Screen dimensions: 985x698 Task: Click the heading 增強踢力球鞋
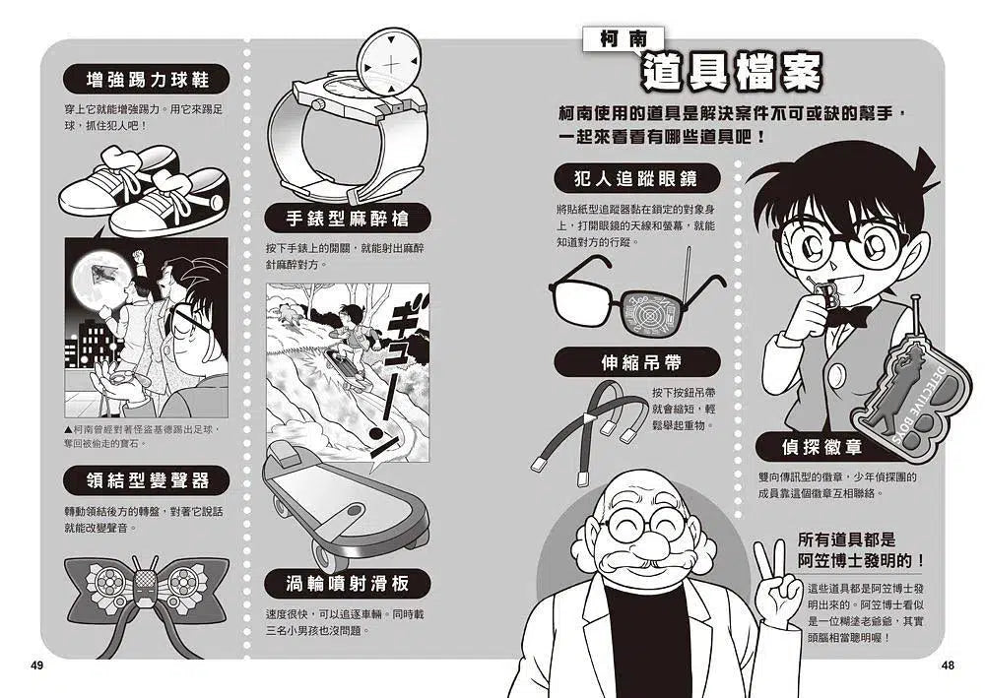(147, 80)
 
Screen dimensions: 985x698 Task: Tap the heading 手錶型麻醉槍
(348, 219)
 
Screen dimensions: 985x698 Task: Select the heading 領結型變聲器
(147, 480)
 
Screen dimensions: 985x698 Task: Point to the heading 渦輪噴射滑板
(348, 584)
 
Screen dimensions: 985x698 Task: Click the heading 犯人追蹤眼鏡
(636, 179)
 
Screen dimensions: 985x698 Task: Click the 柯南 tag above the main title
(623, 39)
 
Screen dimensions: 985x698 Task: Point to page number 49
(37, 666)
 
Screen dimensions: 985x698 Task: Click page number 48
(948, 666)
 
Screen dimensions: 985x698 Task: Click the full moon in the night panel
(100, 276)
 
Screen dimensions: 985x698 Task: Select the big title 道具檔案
(732, 71)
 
